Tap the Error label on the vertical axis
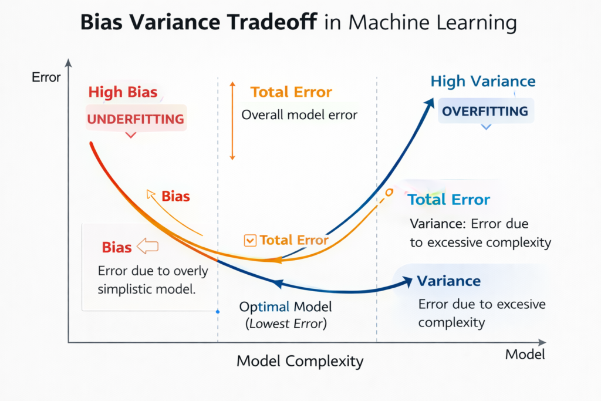(46, 77)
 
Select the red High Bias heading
(123, 93)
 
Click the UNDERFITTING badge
(136, 119)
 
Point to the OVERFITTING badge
(485, 112)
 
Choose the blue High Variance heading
(483, 82)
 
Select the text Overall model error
(299, 114)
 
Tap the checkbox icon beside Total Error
(250, 240)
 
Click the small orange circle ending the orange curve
(389, 192)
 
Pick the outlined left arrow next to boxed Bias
(147, 247)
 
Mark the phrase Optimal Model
(286, 307)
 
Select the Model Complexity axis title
(300, 360)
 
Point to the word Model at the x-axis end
(525, 354)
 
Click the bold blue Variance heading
(449, 281)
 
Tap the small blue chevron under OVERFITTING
(486, 127)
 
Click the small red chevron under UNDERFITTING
(131, 136)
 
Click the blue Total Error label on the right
(449, 200)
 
